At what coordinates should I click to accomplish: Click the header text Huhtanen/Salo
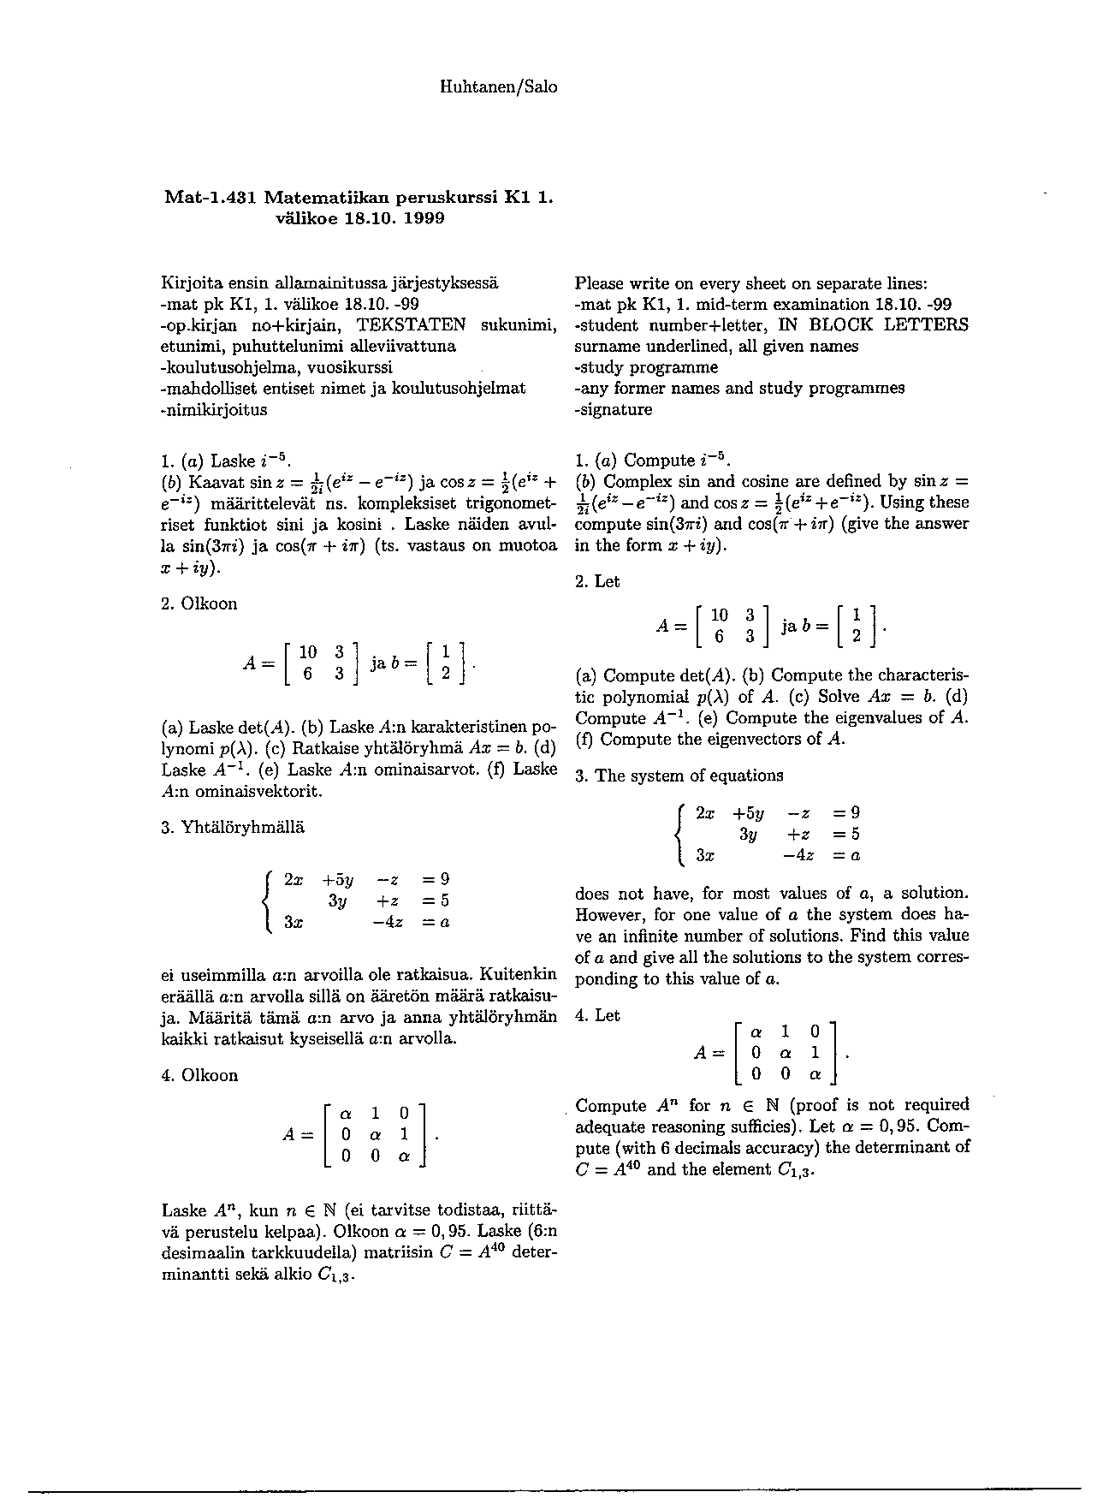pos(498,87)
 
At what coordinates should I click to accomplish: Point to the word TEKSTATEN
pos(411,325)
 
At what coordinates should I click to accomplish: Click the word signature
pos(616,409)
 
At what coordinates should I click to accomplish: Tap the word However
pos(609,915)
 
